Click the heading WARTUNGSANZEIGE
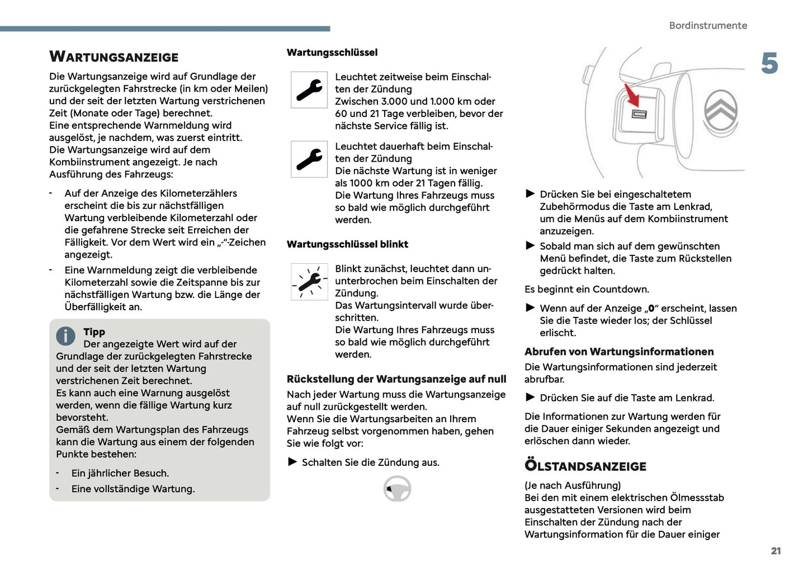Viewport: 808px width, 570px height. (114, 57)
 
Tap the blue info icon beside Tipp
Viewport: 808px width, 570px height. (65, 336)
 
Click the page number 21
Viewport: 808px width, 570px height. (776, 551)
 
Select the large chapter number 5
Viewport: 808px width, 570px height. (769, 64)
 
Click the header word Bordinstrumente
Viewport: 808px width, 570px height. (708, 26)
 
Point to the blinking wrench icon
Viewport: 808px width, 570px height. (309, 282)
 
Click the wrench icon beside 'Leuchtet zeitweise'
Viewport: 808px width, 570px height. (309, 90)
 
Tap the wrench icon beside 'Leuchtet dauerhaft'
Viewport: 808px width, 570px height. (309, 159)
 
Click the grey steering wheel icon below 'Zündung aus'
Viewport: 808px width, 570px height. (398, 489)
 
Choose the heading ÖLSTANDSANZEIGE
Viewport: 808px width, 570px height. (585, 466)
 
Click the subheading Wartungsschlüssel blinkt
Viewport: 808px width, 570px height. (347, 244)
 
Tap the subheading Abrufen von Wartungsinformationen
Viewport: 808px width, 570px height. (619, 352)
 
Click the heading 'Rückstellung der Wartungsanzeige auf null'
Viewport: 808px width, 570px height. (396, 379)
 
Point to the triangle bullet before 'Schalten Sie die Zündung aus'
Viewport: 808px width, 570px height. (292, 462)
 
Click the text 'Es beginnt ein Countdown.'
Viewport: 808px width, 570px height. (587, 289)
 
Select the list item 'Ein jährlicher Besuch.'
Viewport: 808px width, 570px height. (120, 473)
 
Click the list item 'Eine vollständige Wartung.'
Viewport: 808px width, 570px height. (133, 489)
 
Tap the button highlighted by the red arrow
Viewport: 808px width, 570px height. (639, 114)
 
